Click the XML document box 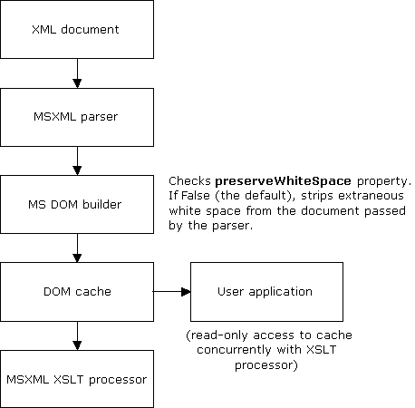point(77,30)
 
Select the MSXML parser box point(77,116)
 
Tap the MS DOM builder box point(77,204)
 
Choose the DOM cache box point(77,291)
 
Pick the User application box point(265,291)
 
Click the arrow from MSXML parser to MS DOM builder point(77,160)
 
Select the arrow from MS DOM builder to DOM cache point(77,247)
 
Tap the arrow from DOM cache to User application point(172,292)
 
